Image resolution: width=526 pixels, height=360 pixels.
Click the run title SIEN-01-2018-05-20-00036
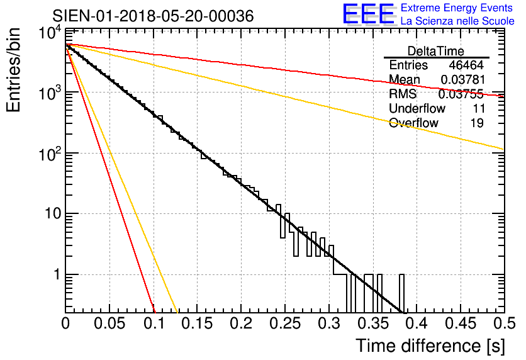click(153, 16)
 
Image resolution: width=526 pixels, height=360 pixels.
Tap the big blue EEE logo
click(368, 14)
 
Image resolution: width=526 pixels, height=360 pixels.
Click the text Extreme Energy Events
click(457, 8)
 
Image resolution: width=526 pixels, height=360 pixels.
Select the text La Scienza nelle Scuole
click(457, 21)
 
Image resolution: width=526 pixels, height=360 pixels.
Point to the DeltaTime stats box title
click(435, 50)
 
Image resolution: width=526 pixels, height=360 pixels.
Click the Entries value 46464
click(466, 65)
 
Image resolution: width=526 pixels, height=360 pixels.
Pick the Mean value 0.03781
click(461, 79)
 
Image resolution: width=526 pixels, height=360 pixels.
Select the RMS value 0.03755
click(461, 94)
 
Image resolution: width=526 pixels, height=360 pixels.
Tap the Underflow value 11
click(476, 108)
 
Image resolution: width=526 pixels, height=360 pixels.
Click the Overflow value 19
click(476, 123)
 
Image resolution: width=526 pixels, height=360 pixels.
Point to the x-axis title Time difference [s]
click(430, 346)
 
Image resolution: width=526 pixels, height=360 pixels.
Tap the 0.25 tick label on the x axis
click(284, 323)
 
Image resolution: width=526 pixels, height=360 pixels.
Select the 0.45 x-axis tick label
click(459, 323)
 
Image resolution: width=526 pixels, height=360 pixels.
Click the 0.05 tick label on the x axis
click(109, 323)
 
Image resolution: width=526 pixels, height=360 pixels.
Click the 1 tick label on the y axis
click(55, 274)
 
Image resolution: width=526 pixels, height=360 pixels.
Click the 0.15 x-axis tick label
click(197, 323)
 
